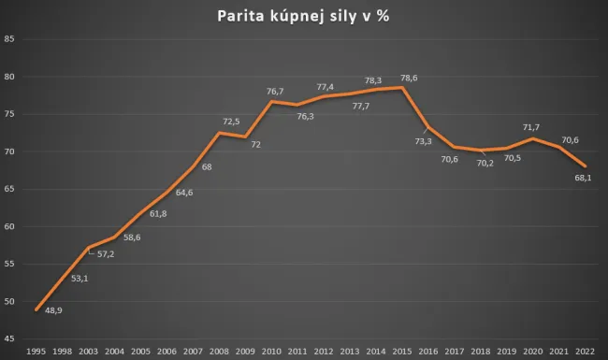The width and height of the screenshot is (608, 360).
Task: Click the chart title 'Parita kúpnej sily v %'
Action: [304, 16]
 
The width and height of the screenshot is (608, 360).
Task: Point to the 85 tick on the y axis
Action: [9, 39]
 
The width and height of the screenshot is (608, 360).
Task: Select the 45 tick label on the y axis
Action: [9, 338]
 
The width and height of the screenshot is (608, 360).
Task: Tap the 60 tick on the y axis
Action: [9, 226]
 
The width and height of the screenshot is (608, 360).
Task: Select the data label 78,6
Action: [410, 78]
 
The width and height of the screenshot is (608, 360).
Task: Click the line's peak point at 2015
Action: [401, 88]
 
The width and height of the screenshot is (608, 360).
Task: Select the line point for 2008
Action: [219, 133]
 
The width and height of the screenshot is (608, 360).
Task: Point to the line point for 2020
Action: [531, 139]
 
